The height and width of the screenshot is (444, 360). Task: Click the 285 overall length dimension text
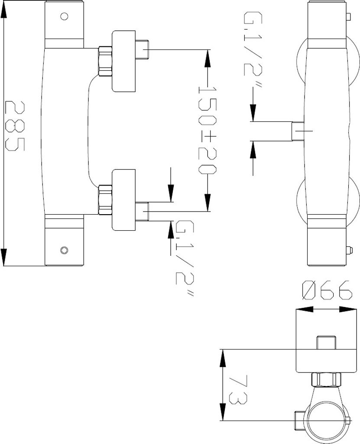coord(15,127)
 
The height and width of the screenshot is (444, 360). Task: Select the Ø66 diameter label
coord(327,290)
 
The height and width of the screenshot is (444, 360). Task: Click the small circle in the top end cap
coord(65,16)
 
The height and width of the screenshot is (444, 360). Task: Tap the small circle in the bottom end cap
coord(65,250)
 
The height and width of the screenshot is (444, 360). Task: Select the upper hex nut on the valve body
coord(105,61)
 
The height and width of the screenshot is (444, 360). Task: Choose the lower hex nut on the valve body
coord(105,199)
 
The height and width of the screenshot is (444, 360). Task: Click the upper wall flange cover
coord(123,61)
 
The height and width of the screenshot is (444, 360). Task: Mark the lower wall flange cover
coord(123,200)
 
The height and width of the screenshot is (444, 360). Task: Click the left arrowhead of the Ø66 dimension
coord(304,309)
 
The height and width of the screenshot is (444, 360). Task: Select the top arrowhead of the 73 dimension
coord(223,358)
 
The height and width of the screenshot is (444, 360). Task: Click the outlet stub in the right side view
coord(298,131)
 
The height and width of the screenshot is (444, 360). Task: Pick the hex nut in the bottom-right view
coord(326,379)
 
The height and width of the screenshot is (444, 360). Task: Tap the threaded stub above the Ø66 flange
coord(326,343)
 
